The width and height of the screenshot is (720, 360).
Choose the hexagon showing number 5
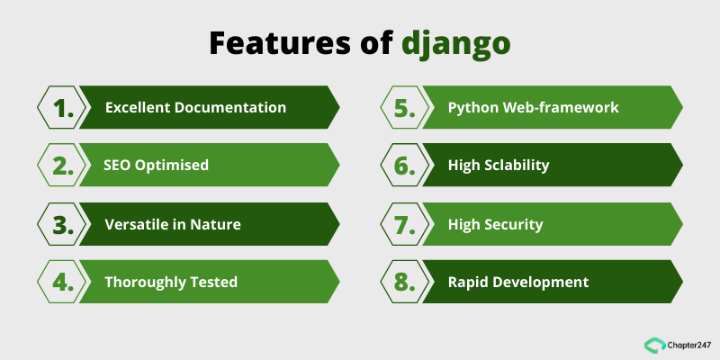click(x=405, y=108)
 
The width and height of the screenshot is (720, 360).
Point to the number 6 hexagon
click(x=405, y=166)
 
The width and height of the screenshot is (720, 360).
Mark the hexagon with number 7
click(x=405, y=224)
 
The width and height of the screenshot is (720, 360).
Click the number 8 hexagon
click(x=405, y=282)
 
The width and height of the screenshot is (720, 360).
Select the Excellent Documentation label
click(x=195, y=108)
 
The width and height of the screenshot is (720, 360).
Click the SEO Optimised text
click(x=157, y=166)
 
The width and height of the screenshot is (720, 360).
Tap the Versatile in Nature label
click(x=173, y=224)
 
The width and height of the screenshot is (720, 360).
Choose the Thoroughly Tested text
click(x=171, y=282)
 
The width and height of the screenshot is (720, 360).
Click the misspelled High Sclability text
click(x=499, y=166)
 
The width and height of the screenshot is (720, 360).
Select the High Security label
click(x=495, y=224)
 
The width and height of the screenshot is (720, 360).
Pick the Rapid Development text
click(x=518, y=282)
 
